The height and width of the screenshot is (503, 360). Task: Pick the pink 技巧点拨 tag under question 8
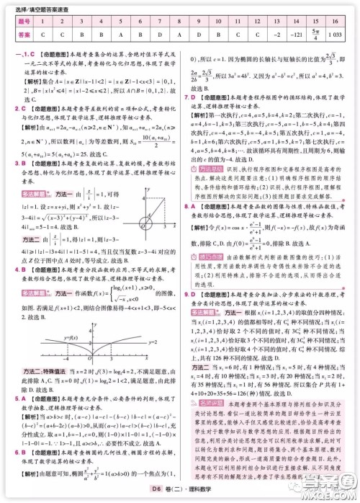209,257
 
